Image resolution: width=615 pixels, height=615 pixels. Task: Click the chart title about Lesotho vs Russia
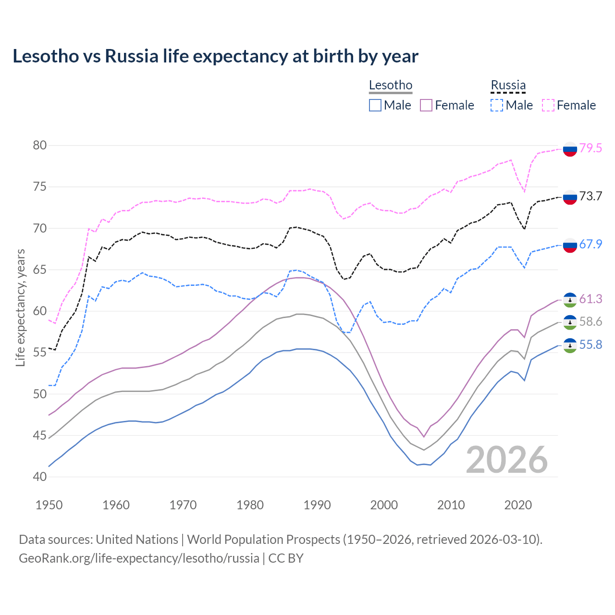pyautogui.click(x=215, y=56)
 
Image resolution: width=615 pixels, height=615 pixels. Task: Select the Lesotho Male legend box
pyautogui.click(x=375, y=105)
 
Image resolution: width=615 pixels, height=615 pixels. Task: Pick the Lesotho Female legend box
pyautogui.click(x=426, y=105)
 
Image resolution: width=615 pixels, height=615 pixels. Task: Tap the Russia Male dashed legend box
pyautogui.click(x=497, y=105)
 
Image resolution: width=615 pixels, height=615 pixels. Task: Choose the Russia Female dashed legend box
pyautogui.click(x=548, y=105)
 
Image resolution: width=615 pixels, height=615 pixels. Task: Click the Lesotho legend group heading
pyautogui.click(x=390, y=86)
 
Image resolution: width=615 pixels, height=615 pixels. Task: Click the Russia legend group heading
pyautogui.click(x=508, y=86)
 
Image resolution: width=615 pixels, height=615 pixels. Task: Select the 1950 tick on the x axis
pyautogui.click(x=49, y=505)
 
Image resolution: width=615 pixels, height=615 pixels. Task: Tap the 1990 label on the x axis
pyautogui.click(x=317, y=505)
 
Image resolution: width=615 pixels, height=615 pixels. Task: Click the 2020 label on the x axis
pyautogui.click(x=518, y=505)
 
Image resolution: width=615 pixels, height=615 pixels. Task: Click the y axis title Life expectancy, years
pyautogui.click(x=21, y=307)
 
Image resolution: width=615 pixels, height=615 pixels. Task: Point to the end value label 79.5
pyautogui.click(x=590, y=148)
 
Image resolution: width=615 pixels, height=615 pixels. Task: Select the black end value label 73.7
pyautogui.click(x=590, y=197)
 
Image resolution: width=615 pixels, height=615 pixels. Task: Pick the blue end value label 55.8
pyautogui.click(x=590, y=345)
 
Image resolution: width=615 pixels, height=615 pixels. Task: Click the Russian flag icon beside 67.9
pyautogui.click(x=570, y=245)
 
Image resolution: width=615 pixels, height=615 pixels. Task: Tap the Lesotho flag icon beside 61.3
pyautogui.click(x=570, y=300)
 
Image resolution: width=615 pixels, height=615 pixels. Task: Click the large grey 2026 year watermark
pyautogui.click(x=507, y=460)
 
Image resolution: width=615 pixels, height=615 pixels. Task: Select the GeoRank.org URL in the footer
pyautogui.click(x=139, y=558)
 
